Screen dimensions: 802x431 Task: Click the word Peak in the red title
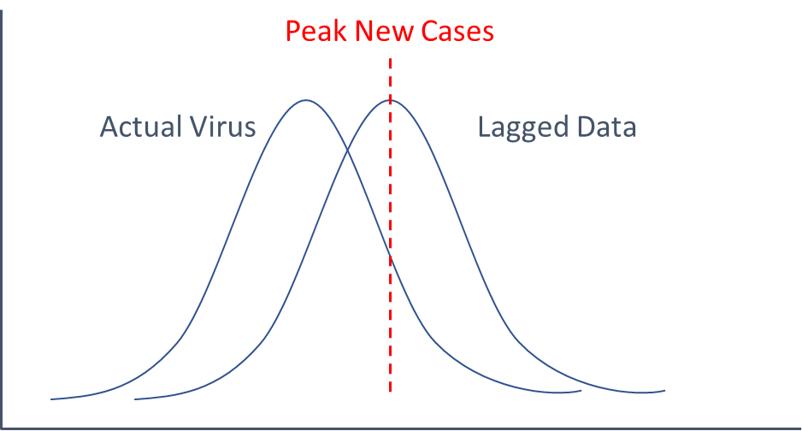[316, 31]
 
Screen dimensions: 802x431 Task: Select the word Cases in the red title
[457, 31]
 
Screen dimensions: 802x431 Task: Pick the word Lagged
[522, 127]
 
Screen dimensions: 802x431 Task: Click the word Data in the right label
[606, 127]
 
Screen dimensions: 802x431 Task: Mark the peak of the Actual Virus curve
[306, 100]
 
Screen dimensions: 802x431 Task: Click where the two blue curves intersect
[348, 151]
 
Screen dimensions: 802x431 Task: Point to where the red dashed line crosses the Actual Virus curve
[390, 256]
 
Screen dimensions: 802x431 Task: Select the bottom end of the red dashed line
[390, 392]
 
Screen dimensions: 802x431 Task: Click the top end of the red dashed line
[390, 58]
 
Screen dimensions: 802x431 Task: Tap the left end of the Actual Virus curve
[51, 399]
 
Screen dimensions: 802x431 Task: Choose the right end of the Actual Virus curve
[581, 391]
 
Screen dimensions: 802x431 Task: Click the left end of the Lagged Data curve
[135, 399]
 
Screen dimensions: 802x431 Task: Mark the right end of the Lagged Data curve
[664, 391]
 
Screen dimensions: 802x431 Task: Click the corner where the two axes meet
[2, 428]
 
